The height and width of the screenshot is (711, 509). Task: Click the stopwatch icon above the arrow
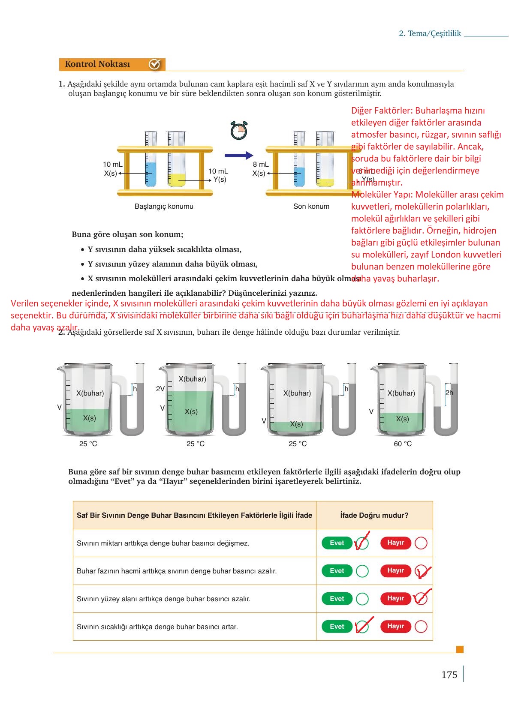pos(239,130)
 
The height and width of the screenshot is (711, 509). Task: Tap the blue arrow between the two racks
pos(239,155)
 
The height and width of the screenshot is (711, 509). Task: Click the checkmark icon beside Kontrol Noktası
pos(154,64)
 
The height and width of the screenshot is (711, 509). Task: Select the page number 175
pos(449,675)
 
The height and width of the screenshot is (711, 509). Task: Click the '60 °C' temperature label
pos(403,444)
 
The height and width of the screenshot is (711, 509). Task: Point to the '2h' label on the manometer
pos(449,393)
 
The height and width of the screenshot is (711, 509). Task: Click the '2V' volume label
pos(160,389)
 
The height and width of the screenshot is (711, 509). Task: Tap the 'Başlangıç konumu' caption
pos(164,206)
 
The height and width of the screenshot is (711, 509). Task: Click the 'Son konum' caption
pos(311,206)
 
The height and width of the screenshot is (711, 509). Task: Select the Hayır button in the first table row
pos(395,543)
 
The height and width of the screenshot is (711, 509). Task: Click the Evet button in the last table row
pos(337,627)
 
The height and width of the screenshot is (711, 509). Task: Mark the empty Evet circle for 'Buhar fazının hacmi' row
pos(362,571)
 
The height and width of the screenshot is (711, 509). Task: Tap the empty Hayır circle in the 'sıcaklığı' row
pos(421,627)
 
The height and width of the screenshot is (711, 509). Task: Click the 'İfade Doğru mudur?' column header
pos(374,515)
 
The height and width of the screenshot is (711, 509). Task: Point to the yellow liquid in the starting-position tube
pos(177,180)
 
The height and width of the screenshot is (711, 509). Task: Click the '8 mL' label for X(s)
pos(261,164)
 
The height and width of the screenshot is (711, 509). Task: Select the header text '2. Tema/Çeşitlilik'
pos(430,33)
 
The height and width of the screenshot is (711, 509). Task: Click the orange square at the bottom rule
pos(460,649)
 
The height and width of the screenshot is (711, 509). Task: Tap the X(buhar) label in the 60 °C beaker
pos(401,393)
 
